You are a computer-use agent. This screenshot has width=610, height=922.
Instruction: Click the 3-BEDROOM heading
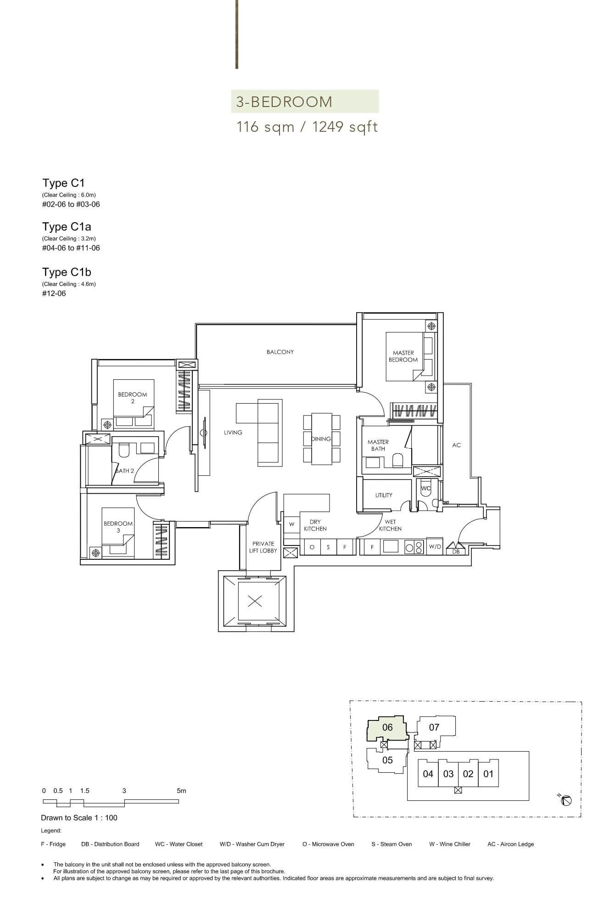pos(284,102)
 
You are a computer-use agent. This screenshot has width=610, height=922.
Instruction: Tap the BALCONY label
pos(280,352)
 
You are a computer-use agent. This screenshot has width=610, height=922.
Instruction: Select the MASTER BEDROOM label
pos(403,356)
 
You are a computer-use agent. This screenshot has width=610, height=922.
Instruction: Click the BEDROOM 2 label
pos(133,398)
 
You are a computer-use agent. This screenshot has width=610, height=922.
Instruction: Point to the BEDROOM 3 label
pos(118,527)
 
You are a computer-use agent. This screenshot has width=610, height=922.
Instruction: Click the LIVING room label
pos(233,433)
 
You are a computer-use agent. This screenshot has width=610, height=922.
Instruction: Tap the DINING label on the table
pos(321,439)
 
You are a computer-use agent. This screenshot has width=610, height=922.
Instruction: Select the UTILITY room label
pos(384,495)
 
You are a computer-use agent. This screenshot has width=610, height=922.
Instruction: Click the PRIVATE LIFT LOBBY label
pos(263,547)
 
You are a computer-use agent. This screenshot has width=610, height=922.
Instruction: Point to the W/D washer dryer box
pos(435,547)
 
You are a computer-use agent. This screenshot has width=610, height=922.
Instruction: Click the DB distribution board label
pos(456,551)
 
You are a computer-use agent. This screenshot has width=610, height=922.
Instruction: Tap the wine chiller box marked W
pos(291,524)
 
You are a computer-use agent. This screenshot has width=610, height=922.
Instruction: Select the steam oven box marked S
pos(328,547)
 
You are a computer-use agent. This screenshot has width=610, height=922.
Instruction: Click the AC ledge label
pos(456,445)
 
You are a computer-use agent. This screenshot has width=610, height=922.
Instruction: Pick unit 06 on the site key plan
pos(387,727)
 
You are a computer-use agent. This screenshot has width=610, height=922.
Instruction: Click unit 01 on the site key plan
pos(488,774)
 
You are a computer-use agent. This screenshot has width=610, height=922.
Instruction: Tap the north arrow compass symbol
pos(566,800)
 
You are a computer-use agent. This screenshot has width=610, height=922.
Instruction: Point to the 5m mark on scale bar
pos(181,791)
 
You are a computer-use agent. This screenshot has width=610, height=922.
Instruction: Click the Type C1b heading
pos(67,272)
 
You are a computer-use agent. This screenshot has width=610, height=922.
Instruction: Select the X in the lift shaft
pos(255,601)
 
